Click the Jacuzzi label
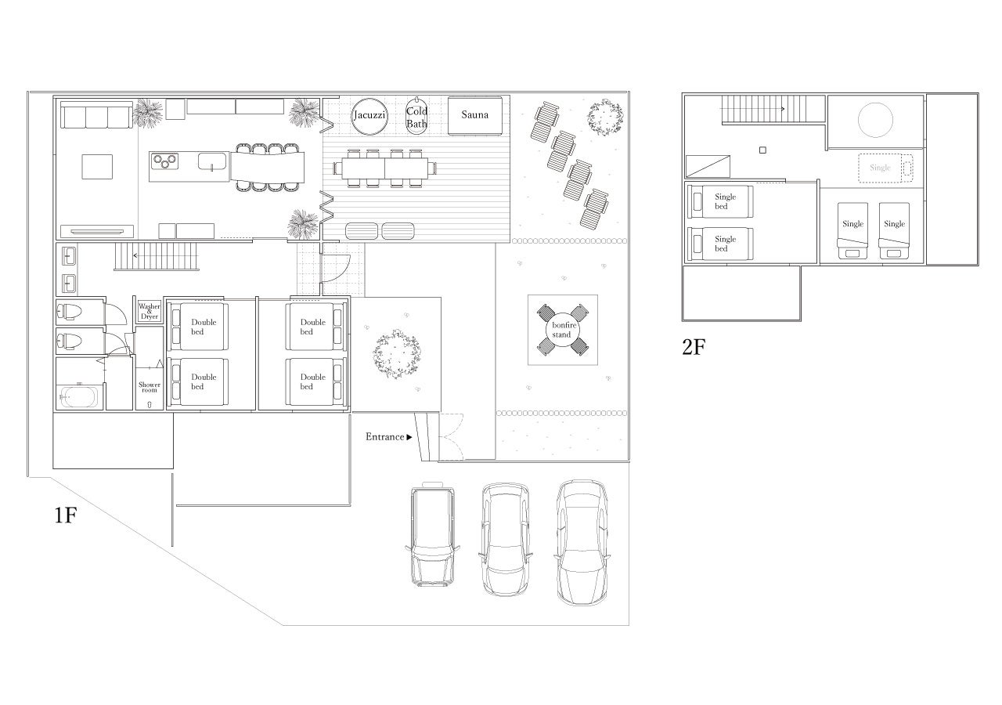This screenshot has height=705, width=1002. (369, 115)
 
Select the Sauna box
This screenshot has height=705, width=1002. (475, 115)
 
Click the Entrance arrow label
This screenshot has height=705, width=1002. (388, 437)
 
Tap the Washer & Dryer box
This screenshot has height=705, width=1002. (150, 311)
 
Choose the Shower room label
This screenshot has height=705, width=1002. (149, 387)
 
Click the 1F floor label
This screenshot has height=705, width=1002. (65, 515)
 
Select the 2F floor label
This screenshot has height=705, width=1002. (694, 347)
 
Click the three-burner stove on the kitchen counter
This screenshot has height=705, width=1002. (165, 161)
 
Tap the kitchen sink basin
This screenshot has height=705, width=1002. (212, 161)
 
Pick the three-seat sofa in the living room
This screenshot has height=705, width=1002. (96, 114)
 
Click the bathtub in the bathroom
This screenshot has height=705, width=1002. (79, 397)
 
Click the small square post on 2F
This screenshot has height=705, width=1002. (762, 150)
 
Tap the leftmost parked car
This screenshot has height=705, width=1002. (433, 534)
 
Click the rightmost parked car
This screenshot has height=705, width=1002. (582, 543)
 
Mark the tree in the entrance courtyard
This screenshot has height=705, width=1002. (397, 354)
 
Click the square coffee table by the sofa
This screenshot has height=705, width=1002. (97, 167)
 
